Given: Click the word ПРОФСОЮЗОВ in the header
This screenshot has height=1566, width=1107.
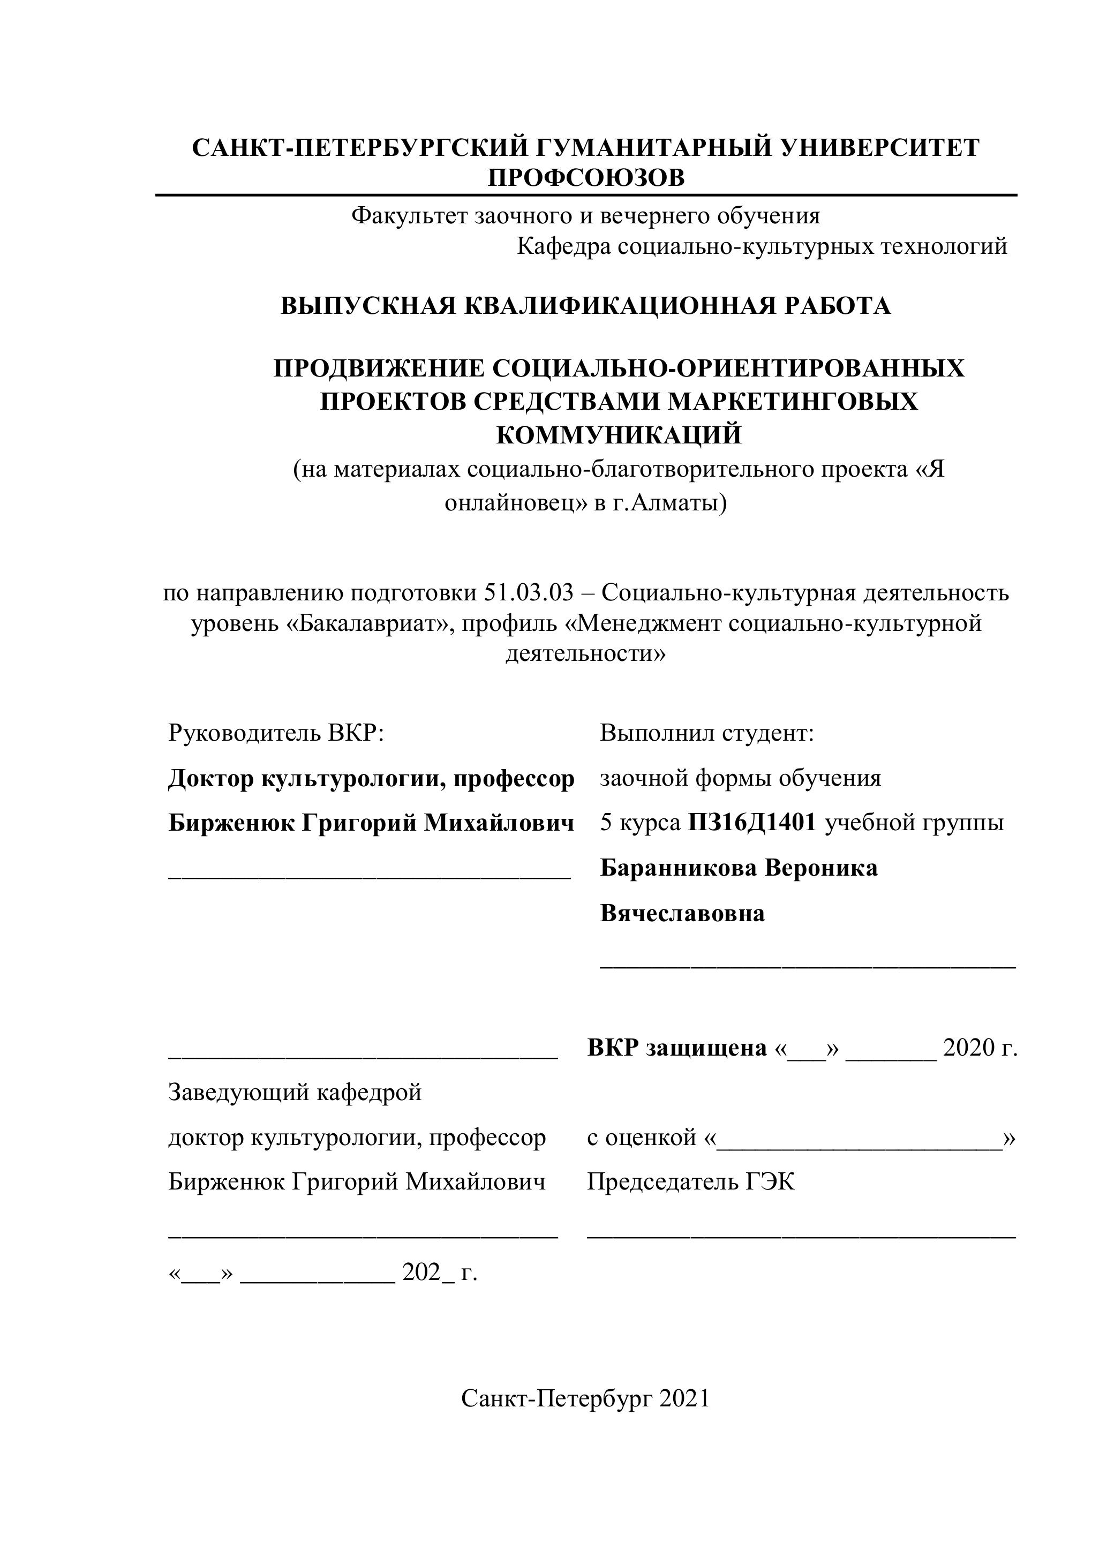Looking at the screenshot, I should [x=586, y=177].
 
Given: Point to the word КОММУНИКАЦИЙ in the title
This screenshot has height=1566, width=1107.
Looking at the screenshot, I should [x=619, y=434].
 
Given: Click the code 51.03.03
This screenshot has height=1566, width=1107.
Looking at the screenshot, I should [x=529, y=593].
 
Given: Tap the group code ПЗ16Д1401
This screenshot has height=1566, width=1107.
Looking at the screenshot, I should [x=751, y=823].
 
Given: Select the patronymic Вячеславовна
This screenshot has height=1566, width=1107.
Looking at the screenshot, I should [x=682, y=913].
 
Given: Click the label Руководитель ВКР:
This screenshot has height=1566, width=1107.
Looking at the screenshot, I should [x=276, y=733].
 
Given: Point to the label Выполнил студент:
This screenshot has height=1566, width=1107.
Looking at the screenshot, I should [x=707, y=733].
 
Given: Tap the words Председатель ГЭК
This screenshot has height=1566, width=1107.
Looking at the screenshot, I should [x=691, y=1181].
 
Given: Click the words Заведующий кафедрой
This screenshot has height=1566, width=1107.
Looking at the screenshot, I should [x=295, y=1092].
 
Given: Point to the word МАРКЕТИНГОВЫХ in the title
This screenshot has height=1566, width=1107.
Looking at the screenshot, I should [x=793, y=401].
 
